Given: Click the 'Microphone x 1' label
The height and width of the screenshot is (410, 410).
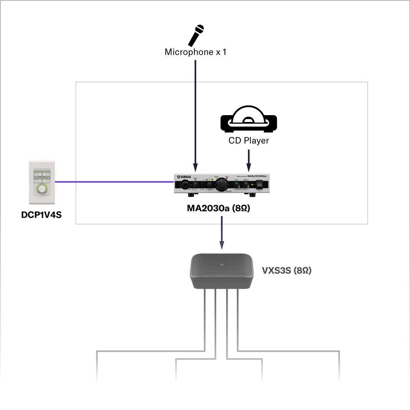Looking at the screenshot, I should point(195,52).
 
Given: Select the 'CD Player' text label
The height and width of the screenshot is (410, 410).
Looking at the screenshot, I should point(248,141).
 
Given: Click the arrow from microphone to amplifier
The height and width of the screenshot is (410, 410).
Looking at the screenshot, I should point(195,116).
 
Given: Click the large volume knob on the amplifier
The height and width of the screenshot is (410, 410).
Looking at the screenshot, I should point(222,184).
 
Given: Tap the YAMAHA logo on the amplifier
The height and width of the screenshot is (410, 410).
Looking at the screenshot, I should point(184,177).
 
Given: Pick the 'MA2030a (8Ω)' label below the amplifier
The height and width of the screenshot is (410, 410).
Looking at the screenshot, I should point(219,208).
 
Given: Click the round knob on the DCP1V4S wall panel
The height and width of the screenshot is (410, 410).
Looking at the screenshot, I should point(42,188).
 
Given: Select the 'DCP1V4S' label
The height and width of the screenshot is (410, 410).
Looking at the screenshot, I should point(41,215).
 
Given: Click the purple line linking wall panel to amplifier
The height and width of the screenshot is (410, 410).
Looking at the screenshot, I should point(113,182).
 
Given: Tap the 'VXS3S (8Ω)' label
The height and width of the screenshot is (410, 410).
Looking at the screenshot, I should point(287,271).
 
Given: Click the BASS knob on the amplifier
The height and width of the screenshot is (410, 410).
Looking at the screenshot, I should point(236,185).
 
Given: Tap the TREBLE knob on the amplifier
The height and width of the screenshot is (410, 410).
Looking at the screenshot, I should point(245,185).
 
